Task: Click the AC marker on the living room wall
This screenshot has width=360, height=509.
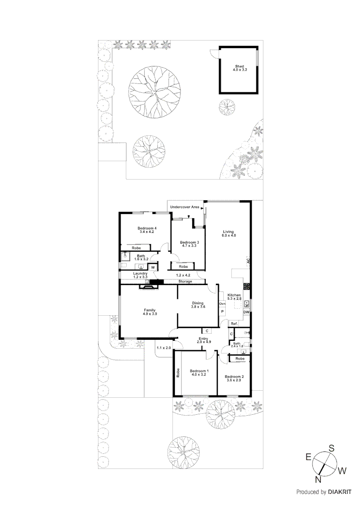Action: coord(248,261)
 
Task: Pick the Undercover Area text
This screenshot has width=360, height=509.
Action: coord(184,207)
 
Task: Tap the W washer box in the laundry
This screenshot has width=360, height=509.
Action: coord(153,268)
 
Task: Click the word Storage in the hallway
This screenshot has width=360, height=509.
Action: coord(185,281)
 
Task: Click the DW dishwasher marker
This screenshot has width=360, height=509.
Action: coord(246,312)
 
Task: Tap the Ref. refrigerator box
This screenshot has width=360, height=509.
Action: coord(234,324)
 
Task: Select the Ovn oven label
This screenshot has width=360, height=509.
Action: coord(222,304)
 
